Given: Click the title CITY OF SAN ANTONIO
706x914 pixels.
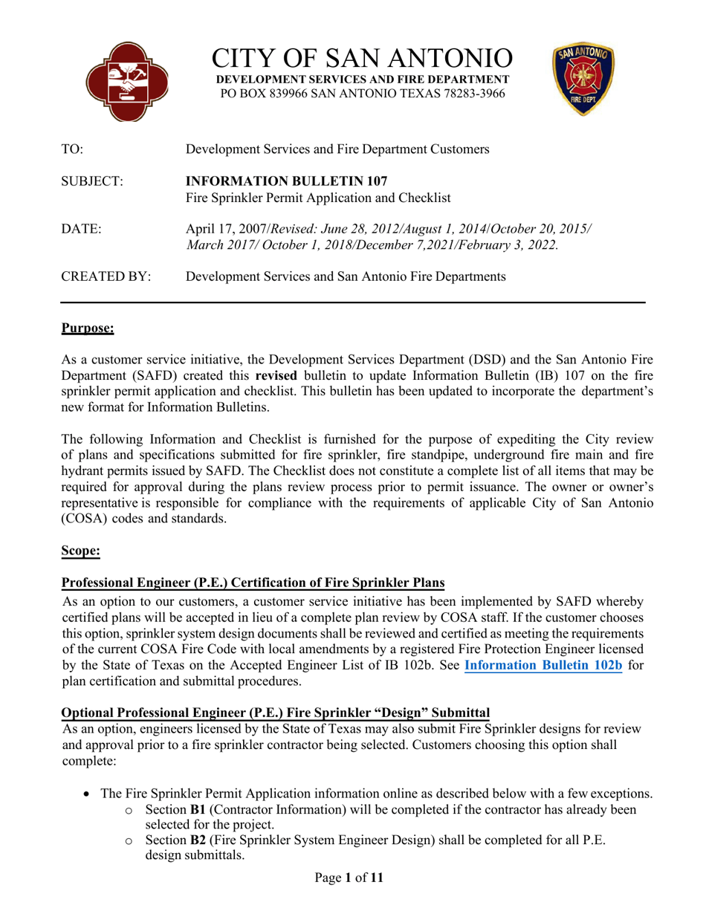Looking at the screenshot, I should coord(362,59).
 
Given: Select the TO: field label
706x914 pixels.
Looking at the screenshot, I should coord(72,149).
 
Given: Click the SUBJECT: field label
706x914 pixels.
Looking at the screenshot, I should coord(91,181).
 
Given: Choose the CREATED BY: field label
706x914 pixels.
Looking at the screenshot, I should coord(106,277).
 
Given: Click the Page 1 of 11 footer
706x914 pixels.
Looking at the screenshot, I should coord(349,878).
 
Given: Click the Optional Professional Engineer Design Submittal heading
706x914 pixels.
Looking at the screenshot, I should coord(275,713).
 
